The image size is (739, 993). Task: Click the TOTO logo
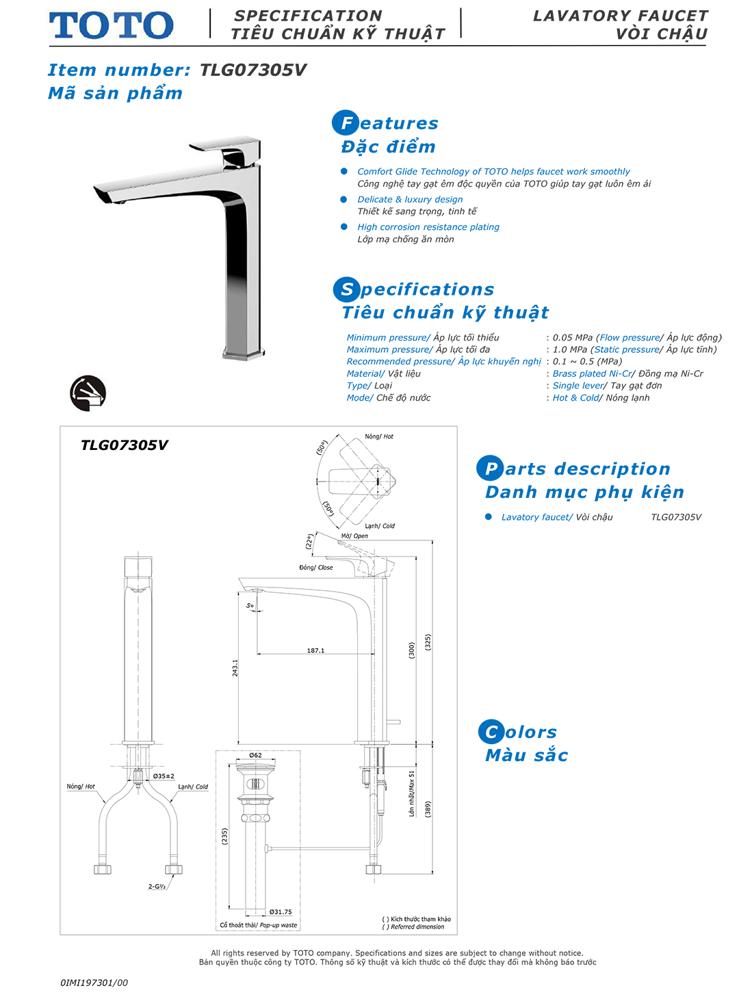pyautogui.click(x=111, y=25)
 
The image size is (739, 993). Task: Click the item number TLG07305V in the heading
pyautogui.click(x=252, y=70)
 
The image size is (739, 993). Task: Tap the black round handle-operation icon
pyautogui.click(x=88, y=393)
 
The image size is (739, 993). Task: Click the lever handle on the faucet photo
pyautogui.click(x=226, y=144)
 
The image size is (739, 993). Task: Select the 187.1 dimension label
pyautogui.click(x=315, y=650)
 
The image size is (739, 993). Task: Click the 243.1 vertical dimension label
pyautogui.click(x=235, y=668)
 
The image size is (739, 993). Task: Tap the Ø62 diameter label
pyautogui.click(x=255, y=755)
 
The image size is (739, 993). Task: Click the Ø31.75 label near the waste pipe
pyautogui.click(x=281, y=912)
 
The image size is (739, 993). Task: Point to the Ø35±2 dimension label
pyautogui.click(x=164, y=776)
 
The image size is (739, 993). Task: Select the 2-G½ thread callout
pyautogui.click(x=157, y=886)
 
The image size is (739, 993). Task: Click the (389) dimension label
pyautogui.click(x=428, y=809)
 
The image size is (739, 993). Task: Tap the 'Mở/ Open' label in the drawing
pyautogui.click(x=354, y=536)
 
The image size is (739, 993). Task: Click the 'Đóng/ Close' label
pyautogui.click(x=316, y=568)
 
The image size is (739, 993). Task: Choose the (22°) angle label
pyautogui.click(x=309, y=542)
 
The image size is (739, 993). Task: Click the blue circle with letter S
pyautogui.click(x=346, y=289)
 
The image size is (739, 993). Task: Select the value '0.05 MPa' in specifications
pyautogui.click(x=572, y=337)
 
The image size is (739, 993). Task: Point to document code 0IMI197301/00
pyautogui.click(x=94, y=983)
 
